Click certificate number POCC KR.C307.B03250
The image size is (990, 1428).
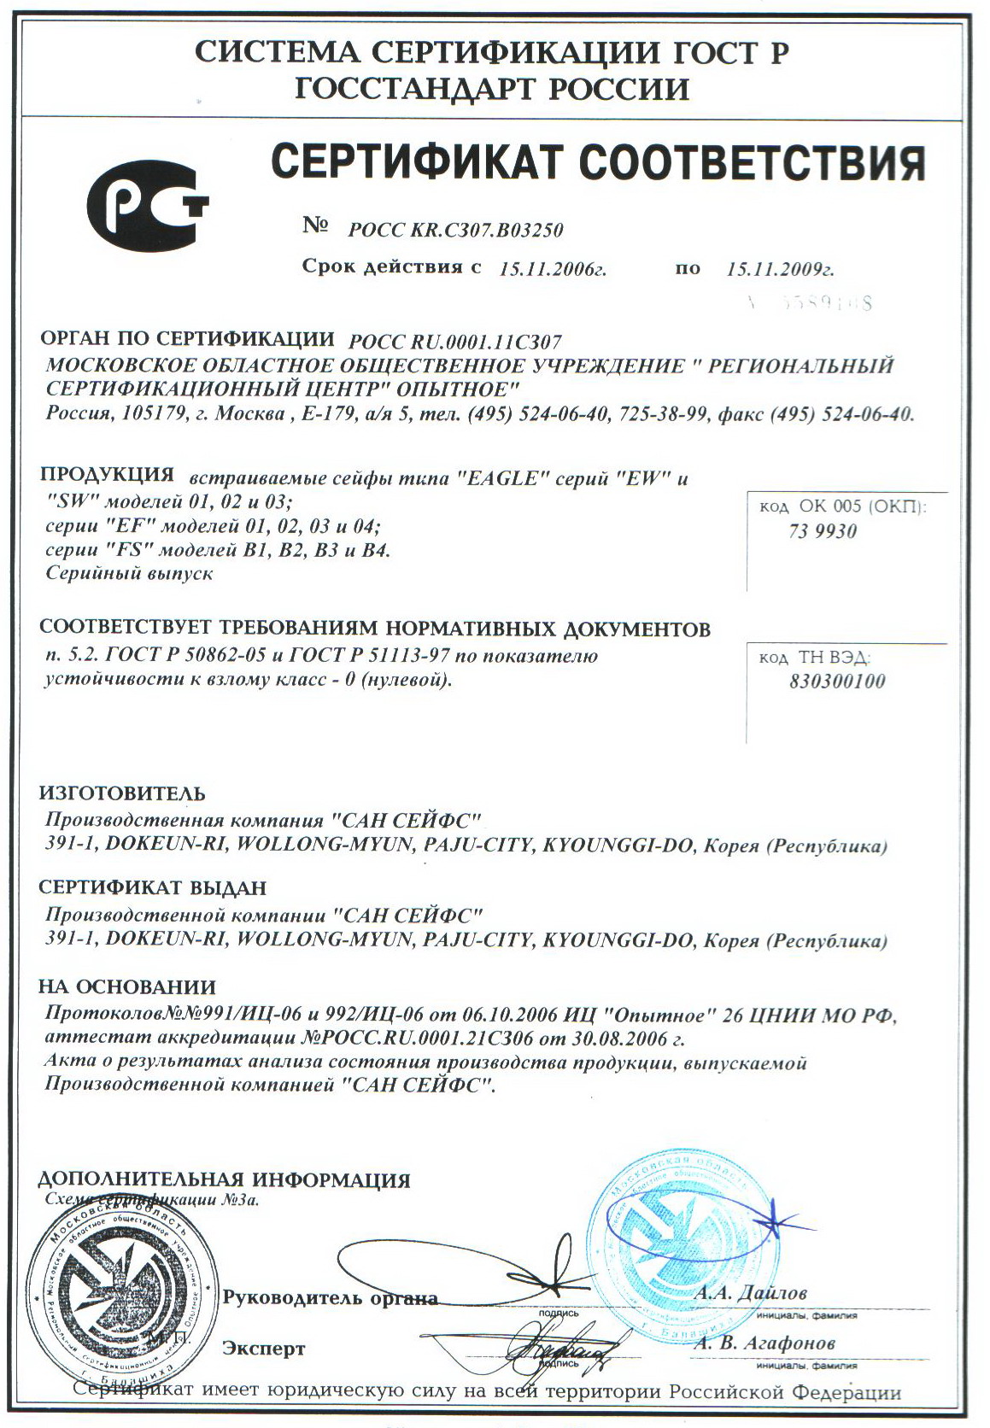point(456,230)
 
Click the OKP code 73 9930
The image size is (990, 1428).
point(823,531)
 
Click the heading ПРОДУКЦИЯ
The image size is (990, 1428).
point(107,475)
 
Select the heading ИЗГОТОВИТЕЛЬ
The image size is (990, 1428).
point(122,793)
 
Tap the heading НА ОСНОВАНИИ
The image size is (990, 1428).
point(127,987)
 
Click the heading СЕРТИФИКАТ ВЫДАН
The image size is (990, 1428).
point(153,888)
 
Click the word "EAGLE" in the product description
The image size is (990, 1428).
point(502,478)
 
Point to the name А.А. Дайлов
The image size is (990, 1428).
point(750,1293)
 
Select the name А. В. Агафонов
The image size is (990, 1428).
point(764,1343)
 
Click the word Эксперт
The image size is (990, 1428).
point(263,1349)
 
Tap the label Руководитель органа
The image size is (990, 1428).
point(330,1298)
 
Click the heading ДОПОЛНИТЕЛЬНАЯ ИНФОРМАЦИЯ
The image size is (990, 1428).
point(225,1180)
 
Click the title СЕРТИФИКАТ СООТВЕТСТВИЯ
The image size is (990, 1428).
point(598,161)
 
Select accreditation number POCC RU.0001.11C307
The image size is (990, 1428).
point(455,342)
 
